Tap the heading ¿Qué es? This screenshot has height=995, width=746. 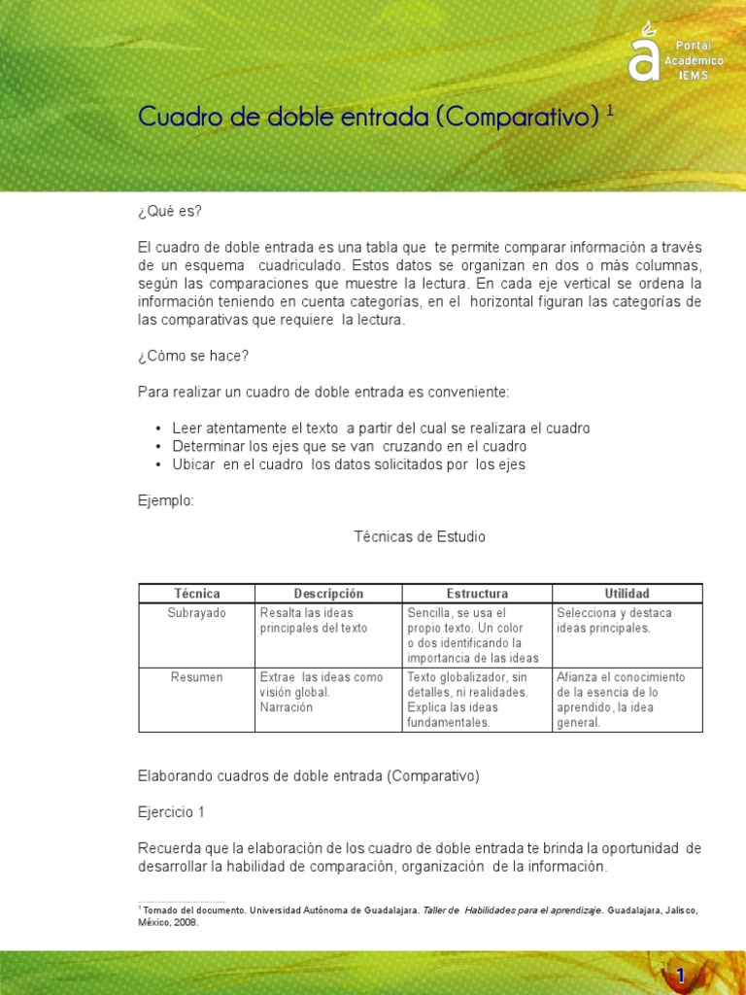(169, 212)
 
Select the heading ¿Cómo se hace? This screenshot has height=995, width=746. (193, 356)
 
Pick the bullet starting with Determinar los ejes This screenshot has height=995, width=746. (349, 446)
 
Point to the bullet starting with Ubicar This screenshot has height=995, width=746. (349, 464)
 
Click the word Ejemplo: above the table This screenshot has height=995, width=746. (166, 500)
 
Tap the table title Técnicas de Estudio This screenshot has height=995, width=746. (420, 536)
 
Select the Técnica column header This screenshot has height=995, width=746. (197, 594)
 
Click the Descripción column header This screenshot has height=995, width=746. (328, 594)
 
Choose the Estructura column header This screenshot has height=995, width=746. (477, 594)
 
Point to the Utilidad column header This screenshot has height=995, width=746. (627, 594)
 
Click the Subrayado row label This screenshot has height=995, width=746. (197, 613)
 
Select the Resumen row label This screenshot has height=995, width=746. (197, 677)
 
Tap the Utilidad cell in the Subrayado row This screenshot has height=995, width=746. (614, 620)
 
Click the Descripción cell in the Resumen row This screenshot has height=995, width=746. (321, 692)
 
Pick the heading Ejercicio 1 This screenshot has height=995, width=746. (171, 811)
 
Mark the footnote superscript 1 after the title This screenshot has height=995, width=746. (610, 111)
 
